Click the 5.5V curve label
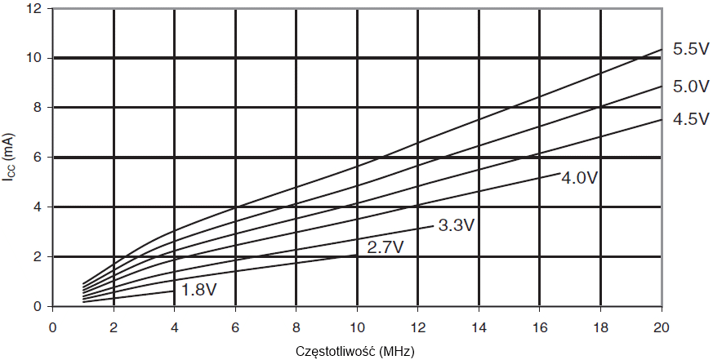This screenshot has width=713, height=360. (x=690, y=49)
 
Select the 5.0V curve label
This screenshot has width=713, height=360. (x=690, y=86)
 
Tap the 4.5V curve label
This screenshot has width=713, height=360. (x=690, y=119)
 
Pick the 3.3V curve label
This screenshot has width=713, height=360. (x=456, y=225)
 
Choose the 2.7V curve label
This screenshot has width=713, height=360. (x=385, y=247)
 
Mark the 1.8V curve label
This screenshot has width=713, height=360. (x=198, y=290)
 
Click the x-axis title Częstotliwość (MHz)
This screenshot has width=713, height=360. (x=356, y=351)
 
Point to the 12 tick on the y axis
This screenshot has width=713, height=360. (x=34, y=8)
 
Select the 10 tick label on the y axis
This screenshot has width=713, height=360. (x=34, y=58)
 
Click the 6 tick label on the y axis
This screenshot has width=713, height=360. (x=38, y=158)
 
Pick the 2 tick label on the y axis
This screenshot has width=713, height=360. (x=38, y=257)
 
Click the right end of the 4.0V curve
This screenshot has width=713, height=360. (x=559, y=173)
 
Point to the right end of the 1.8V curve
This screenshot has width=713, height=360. (x=174, y=291)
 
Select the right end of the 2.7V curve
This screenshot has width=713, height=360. (x=357, y=255)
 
